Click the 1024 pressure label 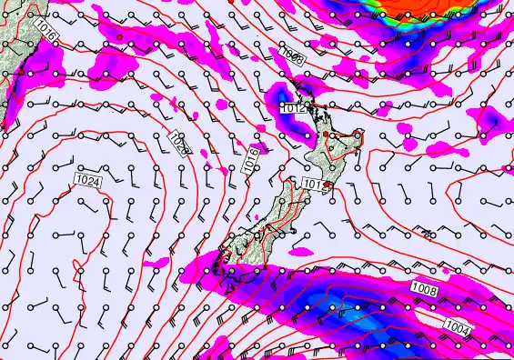(x=88, y=181)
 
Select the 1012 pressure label (x=292, y=108)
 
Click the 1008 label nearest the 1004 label (x=425, y=289)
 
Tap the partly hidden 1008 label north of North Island (x=292, y=56)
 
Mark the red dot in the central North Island (x=326, y=135)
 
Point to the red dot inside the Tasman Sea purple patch (x=118, y=37)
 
